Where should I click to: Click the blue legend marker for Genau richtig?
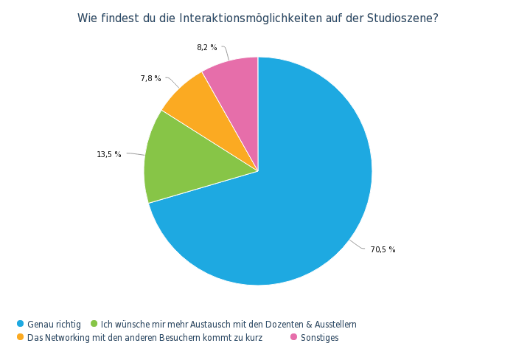click(x=21, y=324)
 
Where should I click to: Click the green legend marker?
click(x=94, y=324)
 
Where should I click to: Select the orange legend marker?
click(x=21, y=337)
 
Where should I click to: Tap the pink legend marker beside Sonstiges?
click(x=293, y=337)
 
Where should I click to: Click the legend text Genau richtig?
click(x=55, y=324)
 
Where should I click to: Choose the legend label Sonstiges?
click(x=319, y=337)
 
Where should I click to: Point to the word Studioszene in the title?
click(x=402, y=18)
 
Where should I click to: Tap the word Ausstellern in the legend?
click(x=336, y=324)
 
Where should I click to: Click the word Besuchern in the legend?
click(x=174, y=337)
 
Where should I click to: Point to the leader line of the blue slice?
click(x=358, y=246)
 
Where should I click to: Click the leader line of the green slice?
click(x=135, y=153)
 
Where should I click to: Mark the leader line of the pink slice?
click(x=226, y=52)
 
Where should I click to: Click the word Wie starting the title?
click(x=87, y=18)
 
